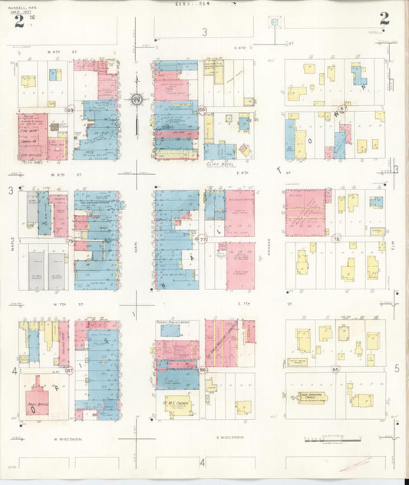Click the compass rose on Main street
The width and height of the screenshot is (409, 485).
coord(136,98)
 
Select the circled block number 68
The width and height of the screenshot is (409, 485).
coord(202,111)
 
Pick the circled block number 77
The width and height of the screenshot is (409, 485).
coord(203,239)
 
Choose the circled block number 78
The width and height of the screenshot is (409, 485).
coord(336,239)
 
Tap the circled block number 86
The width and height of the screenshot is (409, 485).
coord(203,371)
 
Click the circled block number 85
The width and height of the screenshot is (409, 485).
coord(336,370)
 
